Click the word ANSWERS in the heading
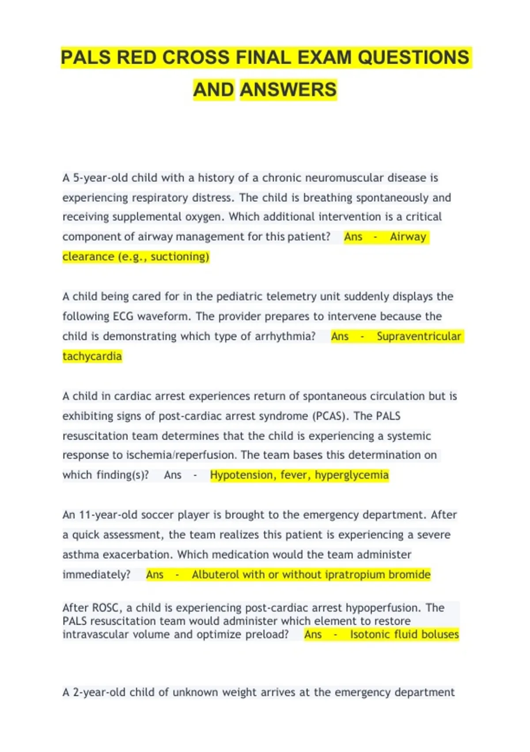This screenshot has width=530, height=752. (288, 90)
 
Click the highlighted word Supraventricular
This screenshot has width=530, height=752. (419, 336)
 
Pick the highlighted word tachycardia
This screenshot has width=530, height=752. (92, 356)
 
